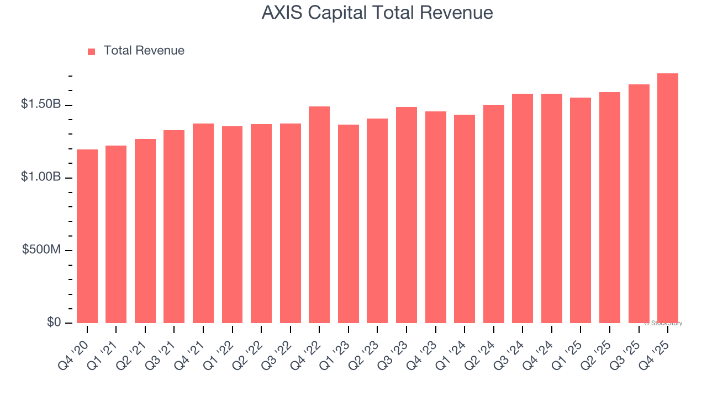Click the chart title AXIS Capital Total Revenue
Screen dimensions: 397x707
(x=377, y=13)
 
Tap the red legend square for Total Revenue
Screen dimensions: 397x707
(x=92, y=51)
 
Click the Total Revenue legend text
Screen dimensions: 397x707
(x=144, y=51)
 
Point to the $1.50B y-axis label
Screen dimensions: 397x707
(x=41, y=104)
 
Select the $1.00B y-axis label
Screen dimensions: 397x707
(x=41, y=177)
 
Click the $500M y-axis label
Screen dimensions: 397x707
(x=42, y=250)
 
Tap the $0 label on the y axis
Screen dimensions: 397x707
(x=54, y=322)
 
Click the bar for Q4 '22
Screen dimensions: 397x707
(x=319, y=214)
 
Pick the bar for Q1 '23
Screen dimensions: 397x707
(x=349, y=224)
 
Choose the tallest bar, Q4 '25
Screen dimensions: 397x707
(x=668, y=198)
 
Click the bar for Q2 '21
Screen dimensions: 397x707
(x=145, y=231)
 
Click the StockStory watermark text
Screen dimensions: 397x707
(x=663, y=323)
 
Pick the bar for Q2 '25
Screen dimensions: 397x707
(x=610, y=207)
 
